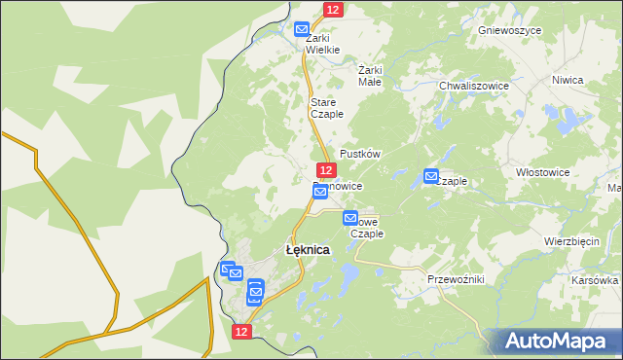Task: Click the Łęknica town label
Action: pos(307,250)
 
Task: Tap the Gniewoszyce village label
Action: pos(509,30)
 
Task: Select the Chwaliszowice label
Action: pos(474,86)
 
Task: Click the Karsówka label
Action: pos(596,279)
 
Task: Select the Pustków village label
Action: pos(359,155)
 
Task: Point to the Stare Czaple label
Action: pos(326,108)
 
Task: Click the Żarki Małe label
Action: pos(370,76)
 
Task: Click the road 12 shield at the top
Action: pos(333,9)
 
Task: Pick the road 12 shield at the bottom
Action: pos(242,332)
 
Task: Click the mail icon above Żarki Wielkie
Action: pos(302,29)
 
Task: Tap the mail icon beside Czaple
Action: pos(431,176)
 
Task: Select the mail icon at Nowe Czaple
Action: pos(350,219)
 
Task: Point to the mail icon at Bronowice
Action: pos(319,193)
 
